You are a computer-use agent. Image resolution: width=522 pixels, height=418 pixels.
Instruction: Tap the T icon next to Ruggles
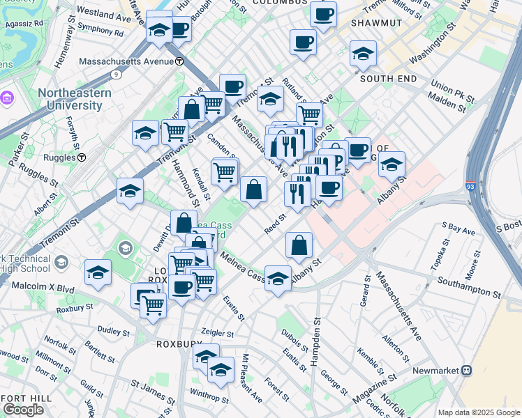[82, 157]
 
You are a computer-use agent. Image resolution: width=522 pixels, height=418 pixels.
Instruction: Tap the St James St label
[154, 389]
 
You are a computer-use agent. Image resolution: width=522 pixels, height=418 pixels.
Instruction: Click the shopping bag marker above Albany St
[299, 245]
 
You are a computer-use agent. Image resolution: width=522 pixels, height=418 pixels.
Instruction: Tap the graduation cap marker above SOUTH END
[363, 54]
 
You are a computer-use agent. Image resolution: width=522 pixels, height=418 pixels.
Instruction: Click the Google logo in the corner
[23, 410]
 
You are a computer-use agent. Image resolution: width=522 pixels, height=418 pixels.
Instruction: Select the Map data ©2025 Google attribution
[478, 412]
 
